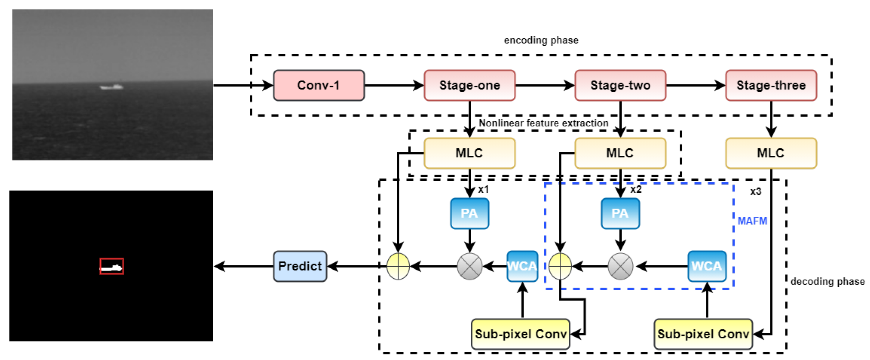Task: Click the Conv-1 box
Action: coord(318,85)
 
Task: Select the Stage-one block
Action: coord(469,85)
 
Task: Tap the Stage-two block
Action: coord(620,85)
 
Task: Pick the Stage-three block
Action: coord(771,85)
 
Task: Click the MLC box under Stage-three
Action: coord(771,153)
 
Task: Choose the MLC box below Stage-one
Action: coord(469,153)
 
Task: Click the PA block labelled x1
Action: coord(469,213)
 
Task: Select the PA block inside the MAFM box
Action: coord(620,213)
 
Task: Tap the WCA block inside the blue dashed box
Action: coord(707,266)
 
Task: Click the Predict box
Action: coord(300,266)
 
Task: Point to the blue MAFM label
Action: coord(752,221)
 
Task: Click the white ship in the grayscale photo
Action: coord(112,87)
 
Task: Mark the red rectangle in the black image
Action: coord(112,266)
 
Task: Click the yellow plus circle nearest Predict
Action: coord(398,266)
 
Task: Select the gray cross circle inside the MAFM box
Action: coord(620,266)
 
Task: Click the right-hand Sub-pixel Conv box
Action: coord(703,334)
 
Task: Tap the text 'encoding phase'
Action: coord(541,40)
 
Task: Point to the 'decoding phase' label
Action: coord(828,281)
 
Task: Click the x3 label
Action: coord(755,192)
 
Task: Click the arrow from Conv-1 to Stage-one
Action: coord(394,85)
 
